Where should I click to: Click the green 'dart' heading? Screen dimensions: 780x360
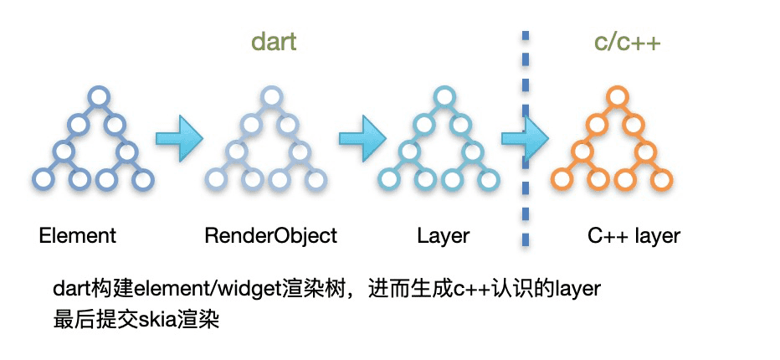(274, 42)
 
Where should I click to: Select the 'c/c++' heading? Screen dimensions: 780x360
(628, 43)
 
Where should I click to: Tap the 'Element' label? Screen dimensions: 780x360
(78, 235)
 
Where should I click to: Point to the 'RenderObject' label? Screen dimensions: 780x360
(271, 235)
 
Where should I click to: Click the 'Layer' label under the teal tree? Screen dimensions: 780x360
(443, 236)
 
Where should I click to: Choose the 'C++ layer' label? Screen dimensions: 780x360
(634, 235)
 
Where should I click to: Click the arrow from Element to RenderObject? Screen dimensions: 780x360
(179, 138)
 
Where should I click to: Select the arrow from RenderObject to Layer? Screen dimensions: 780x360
(362, 138)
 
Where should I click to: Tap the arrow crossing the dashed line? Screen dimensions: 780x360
(525, 138)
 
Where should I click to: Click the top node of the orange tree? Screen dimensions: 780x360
(616, 96)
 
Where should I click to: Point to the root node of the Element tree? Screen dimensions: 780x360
(98, 96)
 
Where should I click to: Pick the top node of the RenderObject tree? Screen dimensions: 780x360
(271, 96)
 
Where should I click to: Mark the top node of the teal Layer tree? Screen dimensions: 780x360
(444, 96)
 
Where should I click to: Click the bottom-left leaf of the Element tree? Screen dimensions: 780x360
(44, 180)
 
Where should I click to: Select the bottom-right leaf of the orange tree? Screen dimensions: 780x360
(662, 180)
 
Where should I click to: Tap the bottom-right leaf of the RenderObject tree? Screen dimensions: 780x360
(316, 180)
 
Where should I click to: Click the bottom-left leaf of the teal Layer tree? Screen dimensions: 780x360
(389, 180)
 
